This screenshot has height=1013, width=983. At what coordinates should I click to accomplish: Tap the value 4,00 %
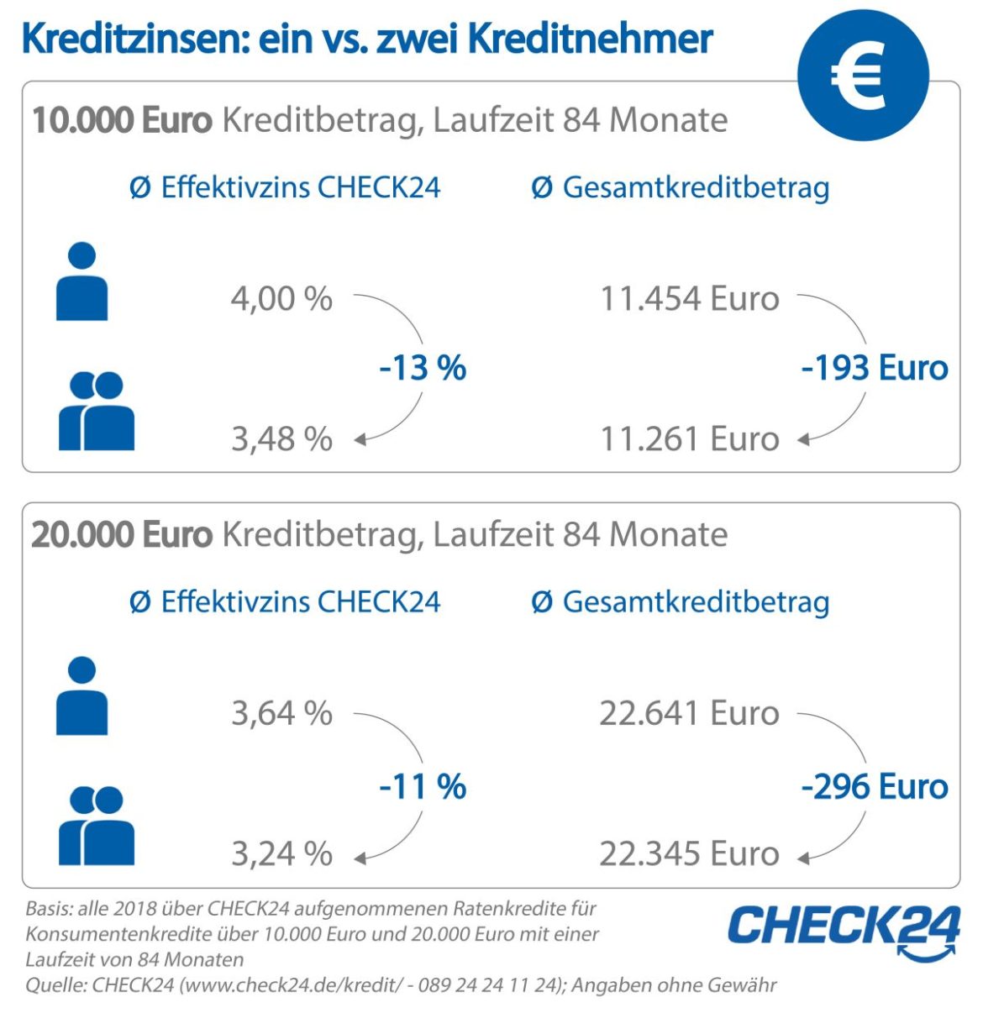point(281,299)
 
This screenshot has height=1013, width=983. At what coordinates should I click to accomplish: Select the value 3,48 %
point(281,438)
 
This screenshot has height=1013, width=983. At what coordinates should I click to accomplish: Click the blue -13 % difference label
point(423,368)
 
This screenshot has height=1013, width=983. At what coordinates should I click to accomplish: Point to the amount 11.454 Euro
point(689,299)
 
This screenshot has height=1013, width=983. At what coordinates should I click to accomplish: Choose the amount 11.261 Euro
point(689,438)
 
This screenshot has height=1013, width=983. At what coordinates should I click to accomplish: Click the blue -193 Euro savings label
point(875,368)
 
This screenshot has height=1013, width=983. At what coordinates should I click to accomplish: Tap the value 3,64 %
point(281,713)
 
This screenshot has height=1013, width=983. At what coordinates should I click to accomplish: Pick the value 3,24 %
point(281,853)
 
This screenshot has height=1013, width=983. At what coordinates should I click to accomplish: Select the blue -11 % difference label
point(423,787)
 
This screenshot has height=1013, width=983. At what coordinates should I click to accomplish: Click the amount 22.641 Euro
point(689,713)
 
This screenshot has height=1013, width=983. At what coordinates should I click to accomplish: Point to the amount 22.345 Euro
point(689,853)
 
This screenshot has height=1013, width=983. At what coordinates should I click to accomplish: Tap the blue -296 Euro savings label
point(875,787)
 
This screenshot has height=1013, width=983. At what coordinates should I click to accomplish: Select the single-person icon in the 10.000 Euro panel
point(81,282)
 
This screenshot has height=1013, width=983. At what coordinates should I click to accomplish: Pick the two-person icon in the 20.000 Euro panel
point(96,826)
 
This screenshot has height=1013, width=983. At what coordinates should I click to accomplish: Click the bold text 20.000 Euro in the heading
point(121,534)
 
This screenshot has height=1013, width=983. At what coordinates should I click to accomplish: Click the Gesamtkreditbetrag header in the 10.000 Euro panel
point(681,186)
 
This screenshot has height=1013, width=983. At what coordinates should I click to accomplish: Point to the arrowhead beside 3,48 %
point(360,439)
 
